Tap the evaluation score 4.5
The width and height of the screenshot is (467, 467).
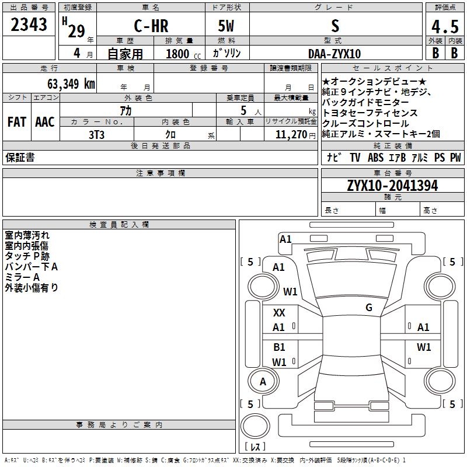click(444, 27)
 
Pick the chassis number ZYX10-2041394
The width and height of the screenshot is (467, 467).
click(392, 186)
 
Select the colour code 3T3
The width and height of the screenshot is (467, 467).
click(96, 134)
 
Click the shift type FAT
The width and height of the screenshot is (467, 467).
click(16, 122)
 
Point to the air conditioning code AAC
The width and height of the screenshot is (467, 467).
click(44, 122)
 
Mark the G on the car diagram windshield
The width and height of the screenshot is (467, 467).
click(368, 308)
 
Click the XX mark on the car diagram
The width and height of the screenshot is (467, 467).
click(279, 313)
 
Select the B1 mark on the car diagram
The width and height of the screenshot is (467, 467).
click(279, 347)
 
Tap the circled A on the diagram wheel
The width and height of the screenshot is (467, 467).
click(263, 382)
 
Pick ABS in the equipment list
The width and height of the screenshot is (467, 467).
click(375, 158)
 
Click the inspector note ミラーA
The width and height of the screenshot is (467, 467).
click(22, 277)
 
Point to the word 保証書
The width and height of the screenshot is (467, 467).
click(20, 158)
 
